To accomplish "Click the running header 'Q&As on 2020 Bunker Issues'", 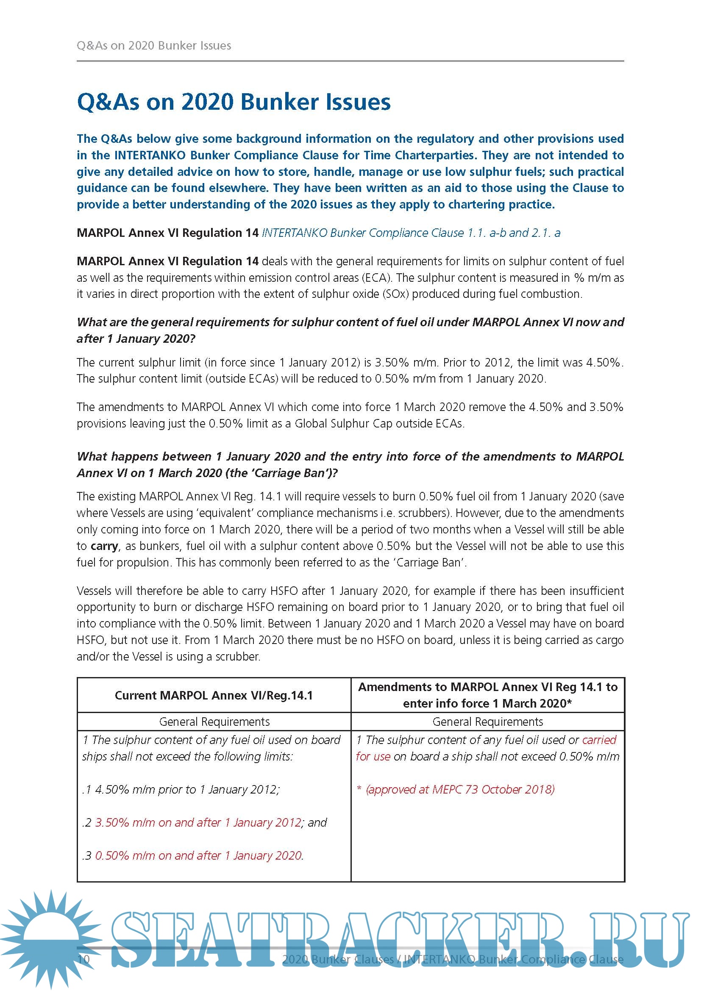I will [154, 46].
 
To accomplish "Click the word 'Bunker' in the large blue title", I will [279, 102].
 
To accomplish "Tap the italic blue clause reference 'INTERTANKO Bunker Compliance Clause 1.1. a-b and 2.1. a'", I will [411, 233].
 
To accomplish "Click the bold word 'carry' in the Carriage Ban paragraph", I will [104, 546].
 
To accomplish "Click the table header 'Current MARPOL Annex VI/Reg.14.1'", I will [214, 695].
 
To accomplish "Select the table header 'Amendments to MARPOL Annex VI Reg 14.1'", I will [488, 687].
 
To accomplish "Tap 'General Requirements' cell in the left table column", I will [214, 722].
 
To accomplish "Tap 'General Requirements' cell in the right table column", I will [488, 722].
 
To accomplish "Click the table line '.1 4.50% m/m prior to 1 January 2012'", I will [181, 789].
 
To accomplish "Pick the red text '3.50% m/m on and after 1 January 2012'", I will [198, 822].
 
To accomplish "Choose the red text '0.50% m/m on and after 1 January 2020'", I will [199, 855].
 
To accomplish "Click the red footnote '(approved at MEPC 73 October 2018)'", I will [460, 789].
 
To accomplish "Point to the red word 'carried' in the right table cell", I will [599, 740].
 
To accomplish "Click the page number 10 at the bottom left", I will [83, 959].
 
